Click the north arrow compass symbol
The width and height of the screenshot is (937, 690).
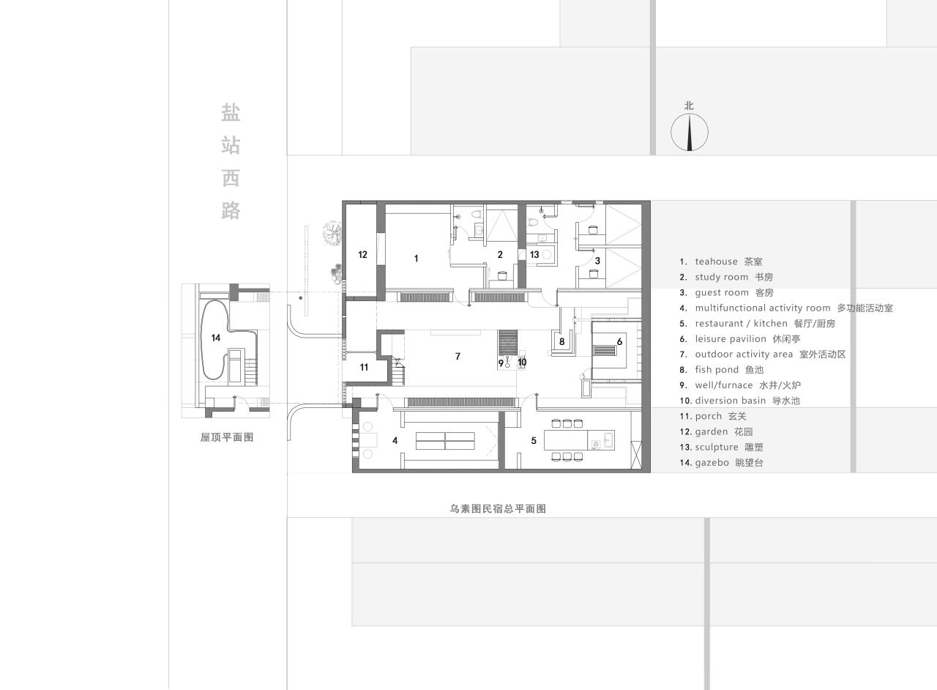690,133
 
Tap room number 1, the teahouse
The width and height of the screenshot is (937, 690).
417,258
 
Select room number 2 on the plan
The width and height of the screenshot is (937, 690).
500,255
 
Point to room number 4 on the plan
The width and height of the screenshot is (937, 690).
395,441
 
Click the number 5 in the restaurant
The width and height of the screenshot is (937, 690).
534,441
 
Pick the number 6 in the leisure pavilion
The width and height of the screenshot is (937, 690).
619,342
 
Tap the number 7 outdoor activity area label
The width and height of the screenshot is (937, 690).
458,357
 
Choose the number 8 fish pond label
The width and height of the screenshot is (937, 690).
562,341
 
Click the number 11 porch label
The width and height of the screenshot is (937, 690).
364,368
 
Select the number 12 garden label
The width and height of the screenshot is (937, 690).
362,255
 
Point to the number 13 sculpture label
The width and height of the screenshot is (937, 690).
534,255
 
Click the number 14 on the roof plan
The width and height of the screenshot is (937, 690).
216,338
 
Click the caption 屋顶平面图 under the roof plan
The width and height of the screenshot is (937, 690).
227,437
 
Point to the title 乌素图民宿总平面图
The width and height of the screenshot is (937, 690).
498,508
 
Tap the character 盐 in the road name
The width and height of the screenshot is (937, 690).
231,113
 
